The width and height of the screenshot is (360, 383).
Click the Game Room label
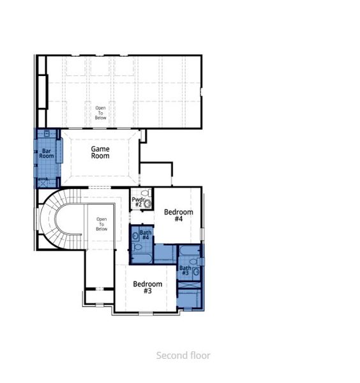[x=100, y=152]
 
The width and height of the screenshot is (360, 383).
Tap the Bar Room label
[x=47, y=153]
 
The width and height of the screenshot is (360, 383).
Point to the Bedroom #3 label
[x=147, y=287]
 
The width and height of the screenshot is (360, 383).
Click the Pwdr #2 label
[x=137, y=202]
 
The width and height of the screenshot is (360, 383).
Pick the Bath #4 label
[x=146, y=235]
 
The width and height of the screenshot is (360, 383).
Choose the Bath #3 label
[x=185, y=271]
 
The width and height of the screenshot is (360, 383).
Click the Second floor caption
[x=183, y=356]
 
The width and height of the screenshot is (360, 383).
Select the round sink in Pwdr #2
[x=149, y=204]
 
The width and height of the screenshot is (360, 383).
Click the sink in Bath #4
[x=136, y=236]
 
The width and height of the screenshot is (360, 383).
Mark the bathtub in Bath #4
[x=142, y=257]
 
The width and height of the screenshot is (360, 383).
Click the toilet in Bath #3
[x=196, y=271]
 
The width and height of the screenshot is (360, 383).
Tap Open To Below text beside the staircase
[x=101, y=224]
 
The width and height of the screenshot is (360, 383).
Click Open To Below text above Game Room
[x=101, y=112]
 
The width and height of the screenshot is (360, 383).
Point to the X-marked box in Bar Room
[x=43, y=182]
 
